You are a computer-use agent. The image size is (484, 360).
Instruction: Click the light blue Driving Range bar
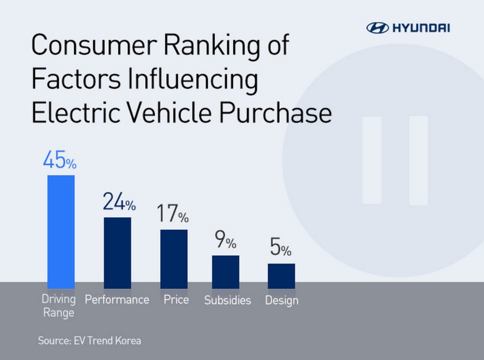pos(61,231)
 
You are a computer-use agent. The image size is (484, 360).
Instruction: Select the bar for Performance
pos(117,253)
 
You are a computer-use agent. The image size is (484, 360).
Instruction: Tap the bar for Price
pos(173,259)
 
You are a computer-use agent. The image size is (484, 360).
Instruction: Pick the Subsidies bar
pos(225,272)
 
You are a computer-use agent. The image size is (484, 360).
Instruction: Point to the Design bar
pos(281,276)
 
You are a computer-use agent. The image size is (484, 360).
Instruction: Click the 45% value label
pos(60,161)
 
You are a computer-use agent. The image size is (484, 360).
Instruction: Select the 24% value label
pos(119,203)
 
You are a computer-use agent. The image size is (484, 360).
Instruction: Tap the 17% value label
pos(173,215)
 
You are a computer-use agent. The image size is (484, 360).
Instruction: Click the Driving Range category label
pos(59,306)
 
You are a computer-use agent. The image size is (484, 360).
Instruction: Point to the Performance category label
pos(117,300)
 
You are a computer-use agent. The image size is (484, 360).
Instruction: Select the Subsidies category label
pos(227,300)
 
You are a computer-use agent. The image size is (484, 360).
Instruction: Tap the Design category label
pos(282,300)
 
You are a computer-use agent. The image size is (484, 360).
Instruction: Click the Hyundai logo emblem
pos(377,28)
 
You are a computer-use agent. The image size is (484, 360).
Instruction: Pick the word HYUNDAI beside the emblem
pos(421,28)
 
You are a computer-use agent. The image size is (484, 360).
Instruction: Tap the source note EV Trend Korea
pos(89,340)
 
